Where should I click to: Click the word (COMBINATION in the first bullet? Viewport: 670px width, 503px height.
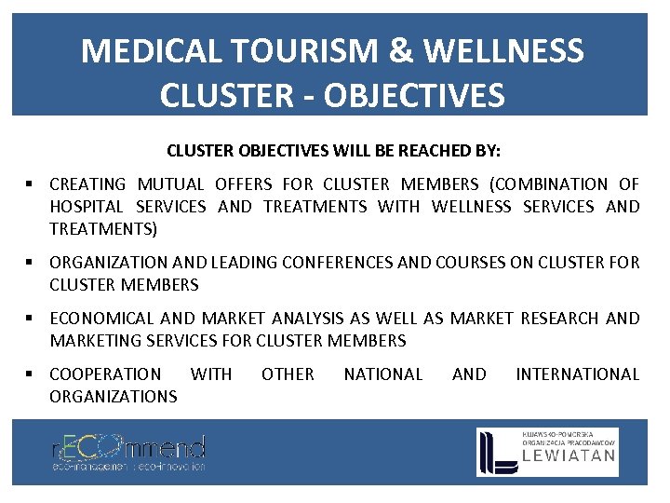click(561, 184)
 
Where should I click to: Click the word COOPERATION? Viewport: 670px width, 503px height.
click(105, 374)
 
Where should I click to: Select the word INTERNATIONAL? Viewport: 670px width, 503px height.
click(577, 374)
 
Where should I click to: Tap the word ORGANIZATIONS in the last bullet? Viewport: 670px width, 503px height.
click(113, 397)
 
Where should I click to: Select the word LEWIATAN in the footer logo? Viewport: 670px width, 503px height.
click(569, 455)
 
